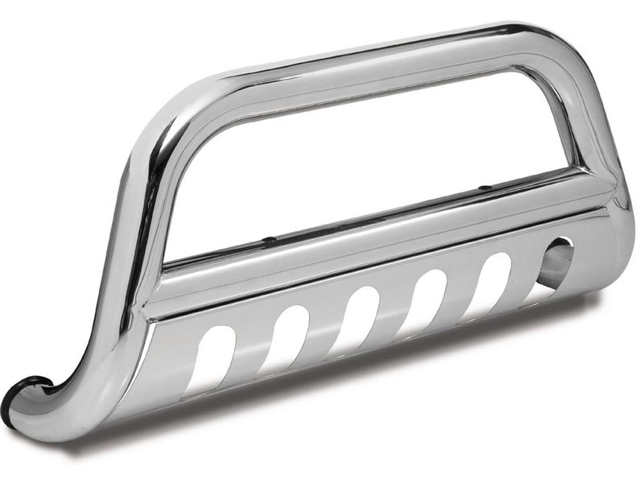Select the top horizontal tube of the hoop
click(x=378, y=56)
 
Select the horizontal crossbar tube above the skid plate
click(x=378, y=242)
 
